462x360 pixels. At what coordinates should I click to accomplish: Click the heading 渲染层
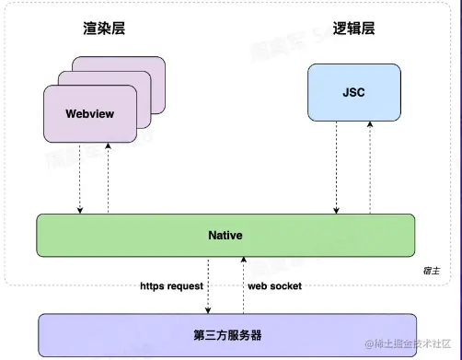pyautogui.click(x=103, y=28)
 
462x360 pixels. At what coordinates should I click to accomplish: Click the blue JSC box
pyautogui.click(x=353, y=92)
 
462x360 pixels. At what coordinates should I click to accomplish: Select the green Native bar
pyautogui.click(x=225, y=236)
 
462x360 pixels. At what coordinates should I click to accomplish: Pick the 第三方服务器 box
pyautogui.click(x=225, y=334)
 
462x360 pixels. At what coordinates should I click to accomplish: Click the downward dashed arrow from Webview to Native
pyautogui.click(x=80, y=180)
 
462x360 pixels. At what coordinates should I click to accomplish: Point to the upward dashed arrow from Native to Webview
pyautogui.click(x=108, y=180)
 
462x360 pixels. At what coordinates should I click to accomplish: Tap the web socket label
pyautogui.click(x=274, y=286)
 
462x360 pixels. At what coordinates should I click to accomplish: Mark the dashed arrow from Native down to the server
pyautogui.click(x=209, y=285)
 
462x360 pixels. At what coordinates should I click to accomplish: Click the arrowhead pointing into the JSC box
pyautogui.click(x=370, y=126)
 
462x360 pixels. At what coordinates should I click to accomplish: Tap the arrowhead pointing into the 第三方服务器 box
pyautogui.click(x=209, y=309)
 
